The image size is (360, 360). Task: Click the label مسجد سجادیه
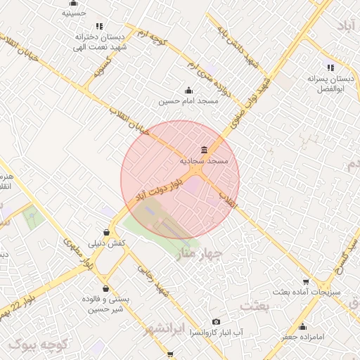[204, 161]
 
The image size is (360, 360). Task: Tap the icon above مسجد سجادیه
[204, 149]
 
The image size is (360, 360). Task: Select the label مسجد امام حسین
[188, 101]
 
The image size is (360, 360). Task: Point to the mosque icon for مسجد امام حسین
[188, 90]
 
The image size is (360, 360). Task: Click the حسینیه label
[75, 13]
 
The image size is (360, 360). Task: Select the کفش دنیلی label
[106, 243]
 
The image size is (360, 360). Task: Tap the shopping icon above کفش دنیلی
[106, 231]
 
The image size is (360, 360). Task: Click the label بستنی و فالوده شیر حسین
[105, 304]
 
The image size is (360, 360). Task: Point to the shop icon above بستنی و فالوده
[105, 288]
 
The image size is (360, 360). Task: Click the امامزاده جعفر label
[303, 337]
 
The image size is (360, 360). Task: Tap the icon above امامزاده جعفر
[303, 326]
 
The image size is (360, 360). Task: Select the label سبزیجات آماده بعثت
[306, 291]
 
